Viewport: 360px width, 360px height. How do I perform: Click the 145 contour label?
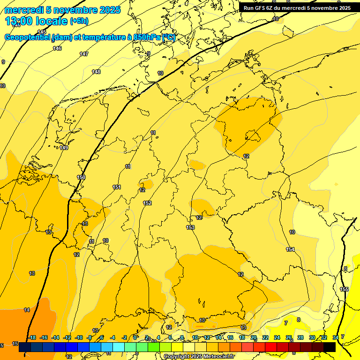click(x=42, y=32)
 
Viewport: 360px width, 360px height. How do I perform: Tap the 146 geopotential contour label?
click(x=57, y=48)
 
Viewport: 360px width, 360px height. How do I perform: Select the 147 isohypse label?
click(x=83, y=54)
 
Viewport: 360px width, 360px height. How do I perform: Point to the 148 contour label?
click(x=96, y=72)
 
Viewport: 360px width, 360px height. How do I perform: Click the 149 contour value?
click(x=64, y=148)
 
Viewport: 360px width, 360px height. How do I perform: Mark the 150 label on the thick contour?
click(x=81, y=177)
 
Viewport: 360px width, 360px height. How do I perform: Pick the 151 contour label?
click(x=117, y=187)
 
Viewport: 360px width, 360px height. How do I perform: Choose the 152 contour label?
click(x=148, y=203)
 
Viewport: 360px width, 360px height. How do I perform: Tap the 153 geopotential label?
click(x=190, y=227)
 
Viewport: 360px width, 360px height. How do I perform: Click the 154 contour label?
click(x=291, y=249)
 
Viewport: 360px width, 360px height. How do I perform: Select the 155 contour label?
click(x=344, y=289)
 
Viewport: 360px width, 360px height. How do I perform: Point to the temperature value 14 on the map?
click(x=27, y=310)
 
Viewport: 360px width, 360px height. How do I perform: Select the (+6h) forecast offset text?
click(x=79, y=21)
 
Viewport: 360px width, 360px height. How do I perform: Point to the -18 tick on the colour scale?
click(x=32, y=337)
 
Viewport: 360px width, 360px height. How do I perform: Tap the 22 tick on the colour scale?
click(x=265, y=337)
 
